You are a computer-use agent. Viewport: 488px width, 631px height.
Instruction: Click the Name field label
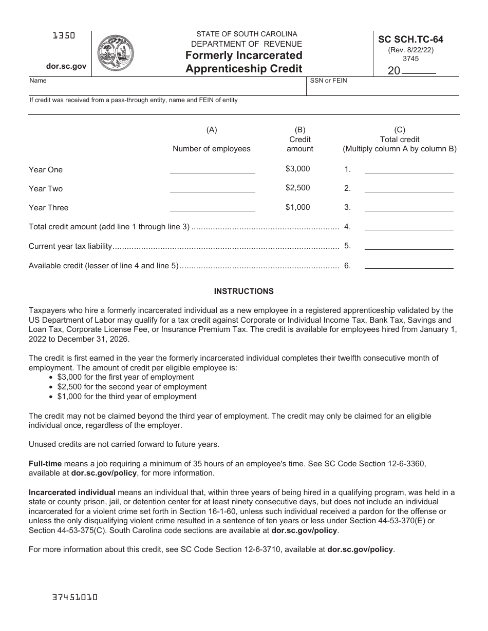[38, 81]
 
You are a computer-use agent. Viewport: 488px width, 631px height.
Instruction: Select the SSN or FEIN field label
[328, 81]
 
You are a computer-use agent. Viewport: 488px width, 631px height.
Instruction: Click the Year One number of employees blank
[212, 169]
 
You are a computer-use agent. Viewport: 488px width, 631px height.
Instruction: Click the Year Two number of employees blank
[212, 188]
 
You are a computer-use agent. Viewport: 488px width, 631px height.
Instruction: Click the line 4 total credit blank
[408, 226]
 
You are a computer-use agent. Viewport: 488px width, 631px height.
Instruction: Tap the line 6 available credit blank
[408, 265]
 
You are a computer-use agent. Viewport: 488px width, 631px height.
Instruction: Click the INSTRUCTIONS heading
[243, 291]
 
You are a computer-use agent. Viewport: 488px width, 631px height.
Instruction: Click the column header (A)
[212, 130]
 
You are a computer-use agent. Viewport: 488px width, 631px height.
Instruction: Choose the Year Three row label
[48, 208]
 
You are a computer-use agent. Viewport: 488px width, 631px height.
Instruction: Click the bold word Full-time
[45, 464]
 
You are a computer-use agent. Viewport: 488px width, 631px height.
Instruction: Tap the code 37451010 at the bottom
[75, 598]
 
